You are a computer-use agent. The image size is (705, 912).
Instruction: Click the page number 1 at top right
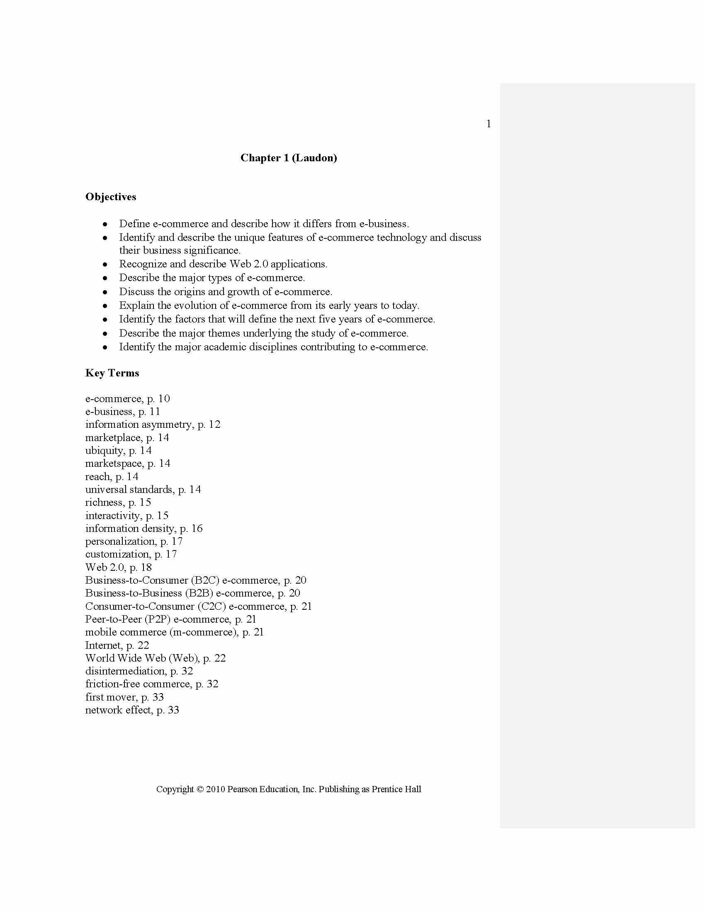coord(488,124)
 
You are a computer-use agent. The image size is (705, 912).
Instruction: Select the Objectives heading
coord(111,196)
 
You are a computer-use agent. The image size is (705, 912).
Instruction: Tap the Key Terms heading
coord(112,373)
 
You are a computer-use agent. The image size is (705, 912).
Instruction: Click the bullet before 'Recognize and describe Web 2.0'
coord(105,265)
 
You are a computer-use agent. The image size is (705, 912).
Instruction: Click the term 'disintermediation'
coord(125,671)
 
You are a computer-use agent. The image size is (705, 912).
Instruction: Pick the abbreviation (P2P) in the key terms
coord(158,619)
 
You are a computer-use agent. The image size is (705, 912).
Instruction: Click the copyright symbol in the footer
coord(200,789)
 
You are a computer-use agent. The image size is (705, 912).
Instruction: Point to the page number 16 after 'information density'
coord(197,529)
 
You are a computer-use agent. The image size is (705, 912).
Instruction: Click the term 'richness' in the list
coord(105,502)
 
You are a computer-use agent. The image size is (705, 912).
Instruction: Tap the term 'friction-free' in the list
coord(108,684)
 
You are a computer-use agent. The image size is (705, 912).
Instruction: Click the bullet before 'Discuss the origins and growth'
coord(105,292)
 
